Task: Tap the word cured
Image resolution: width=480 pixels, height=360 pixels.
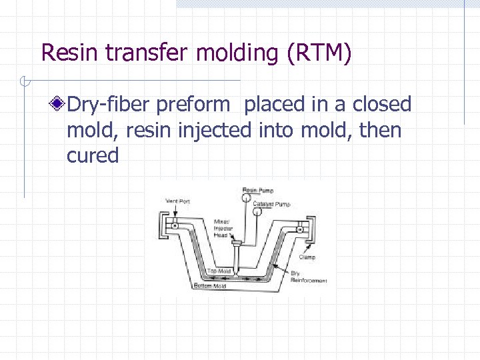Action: pos(93,155)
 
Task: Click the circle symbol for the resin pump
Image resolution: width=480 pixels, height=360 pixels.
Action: pos(247,193)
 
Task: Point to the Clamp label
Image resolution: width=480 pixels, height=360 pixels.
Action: pos(307,257)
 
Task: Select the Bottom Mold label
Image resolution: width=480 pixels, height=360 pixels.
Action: pos(209,285)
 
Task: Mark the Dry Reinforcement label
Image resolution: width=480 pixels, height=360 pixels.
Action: pos(308,277)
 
